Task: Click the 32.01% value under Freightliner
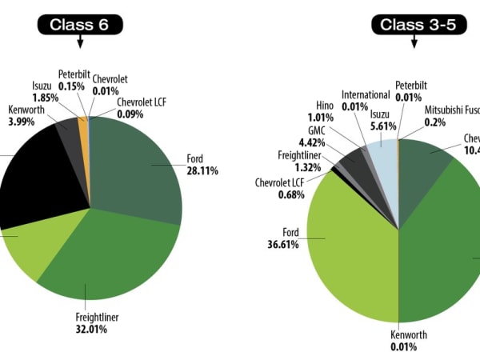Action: (97, 329)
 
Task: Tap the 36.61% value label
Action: (283, 244)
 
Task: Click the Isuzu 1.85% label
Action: (42, 92)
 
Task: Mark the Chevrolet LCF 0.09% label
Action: (141, 108)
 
